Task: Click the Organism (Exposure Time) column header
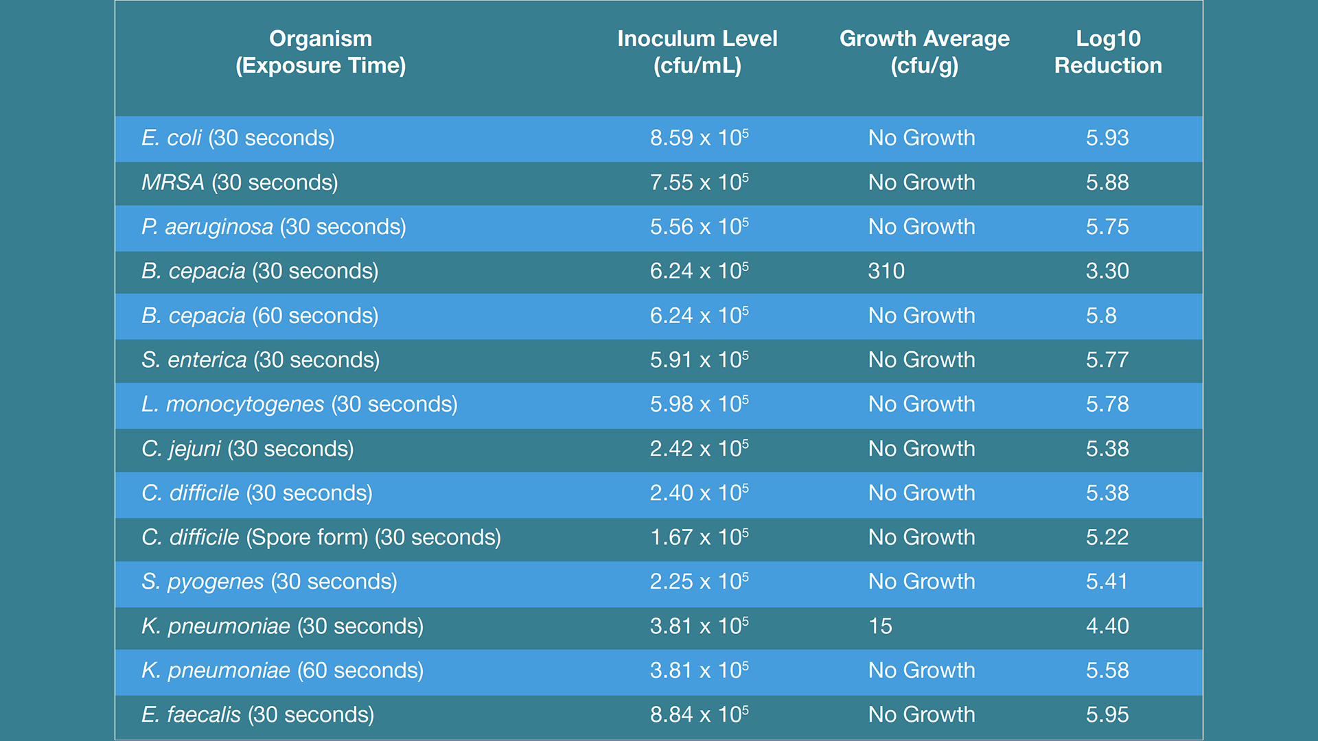click(321, 52)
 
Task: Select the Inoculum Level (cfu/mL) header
click(697, 52)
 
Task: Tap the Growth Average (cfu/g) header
click(924, 52)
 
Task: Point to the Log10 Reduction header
click(1108, 52)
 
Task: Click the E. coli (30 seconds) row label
click(238, 138)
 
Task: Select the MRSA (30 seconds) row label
click(240, 183)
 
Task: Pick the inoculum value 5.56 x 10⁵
click(699, 226)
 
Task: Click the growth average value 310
click(886, 271)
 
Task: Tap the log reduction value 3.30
click(1107, 271)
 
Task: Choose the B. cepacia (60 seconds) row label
click(259, 316)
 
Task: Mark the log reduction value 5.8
click(1101, 316)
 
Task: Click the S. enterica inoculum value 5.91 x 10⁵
click(699, 360)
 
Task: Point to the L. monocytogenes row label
click(299, 404)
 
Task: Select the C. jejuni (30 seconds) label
click(247, 449)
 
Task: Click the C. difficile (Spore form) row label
click(321, 537)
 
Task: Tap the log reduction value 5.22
click(1107, 537)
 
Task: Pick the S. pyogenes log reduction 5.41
click(1107, 582)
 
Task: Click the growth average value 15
click(880, 626)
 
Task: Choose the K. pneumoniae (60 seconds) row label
click(282, 670)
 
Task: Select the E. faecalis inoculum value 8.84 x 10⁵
click(699, 714)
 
